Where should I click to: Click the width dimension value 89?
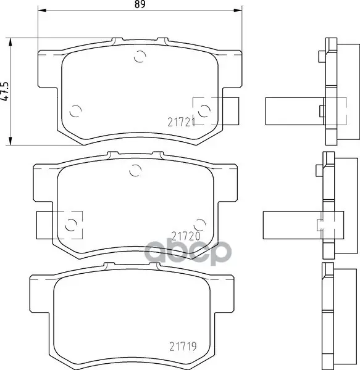(x=140, y=4)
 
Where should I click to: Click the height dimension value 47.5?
(x=4, y=92)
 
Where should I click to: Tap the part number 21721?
(x=181, y=122)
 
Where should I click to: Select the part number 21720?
(x=186, y=236)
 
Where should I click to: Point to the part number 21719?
(x=183, y=347)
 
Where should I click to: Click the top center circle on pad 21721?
(x=140, y=56)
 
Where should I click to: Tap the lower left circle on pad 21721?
(x=75, y=110)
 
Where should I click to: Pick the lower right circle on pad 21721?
(x=204, y=111)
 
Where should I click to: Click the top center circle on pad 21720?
(x=135, y=170)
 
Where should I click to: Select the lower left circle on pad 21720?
(x=71, y=224)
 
